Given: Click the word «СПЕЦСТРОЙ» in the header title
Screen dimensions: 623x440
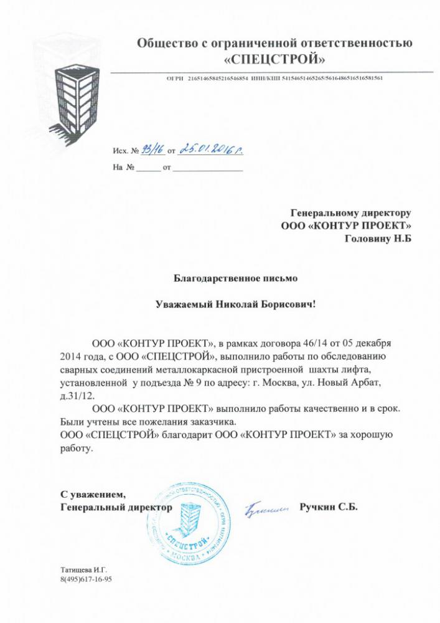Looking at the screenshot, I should (274, 60).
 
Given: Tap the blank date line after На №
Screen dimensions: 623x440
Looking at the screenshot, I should (207, 168).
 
